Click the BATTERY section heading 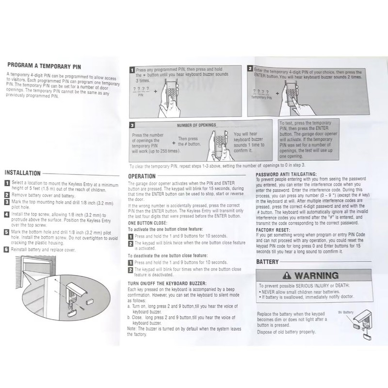point(268,262)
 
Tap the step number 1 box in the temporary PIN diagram point(132,70)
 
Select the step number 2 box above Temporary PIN point(250,70)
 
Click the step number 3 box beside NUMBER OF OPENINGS point(132,125)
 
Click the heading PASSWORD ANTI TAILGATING point(286,174)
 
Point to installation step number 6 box point(7,249)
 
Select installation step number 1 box point(7,183)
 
